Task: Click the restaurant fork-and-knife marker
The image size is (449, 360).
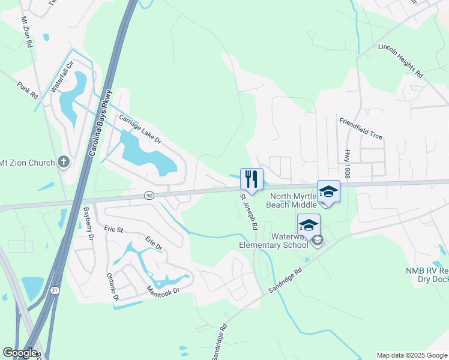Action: pos(252,179)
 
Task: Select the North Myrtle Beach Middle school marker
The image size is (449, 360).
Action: pos(328,191)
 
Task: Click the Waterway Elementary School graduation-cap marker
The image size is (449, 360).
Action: pos(309,225)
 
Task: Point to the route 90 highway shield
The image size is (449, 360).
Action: pos(149,196)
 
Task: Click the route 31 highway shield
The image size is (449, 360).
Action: pos(55,290)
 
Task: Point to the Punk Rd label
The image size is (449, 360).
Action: pos(28,91)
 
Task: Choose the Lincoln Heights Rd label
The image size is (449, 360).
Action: pos(400,61)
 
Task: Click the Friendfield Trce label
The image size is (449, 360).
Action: pos(361,128)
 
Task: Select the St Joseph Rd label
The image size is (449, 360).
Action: pos(249,212)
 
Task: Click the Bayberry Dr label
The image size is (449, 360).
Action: pos(88,224)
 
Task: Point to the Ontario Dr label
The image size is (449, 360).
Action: pos(113,286)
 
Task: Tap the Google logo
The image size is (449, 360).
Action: pos(20,353)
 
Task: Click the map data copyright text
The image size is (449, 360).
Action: pos(412,355)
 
